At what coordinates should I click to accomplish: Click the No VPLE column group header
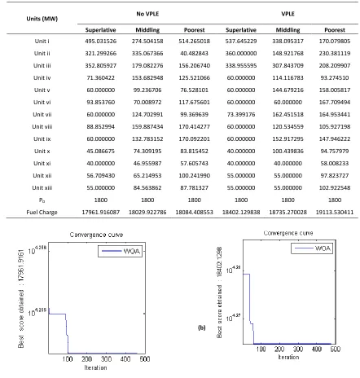click(x=147, y=14)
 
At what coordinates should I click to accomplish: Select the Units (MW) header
click(x=42, y=19)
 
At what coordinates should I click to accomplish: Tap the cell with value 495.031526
click(x=101, y=41)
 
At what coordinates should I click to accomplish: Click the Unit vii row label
click(x=42, y=114)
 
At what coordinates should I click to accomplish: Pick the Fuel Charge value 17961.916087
click(x=101, y=212)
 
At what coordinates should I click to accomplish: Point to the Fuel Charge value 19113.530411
click(x=335, y=212)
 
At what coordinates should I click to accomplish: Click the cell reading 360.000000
click(x=241, y=53)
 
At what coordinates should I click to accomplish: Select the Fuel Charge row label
click(x=42, y=212)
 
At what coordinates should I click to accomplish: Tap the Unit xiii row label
click(x=42, y=187)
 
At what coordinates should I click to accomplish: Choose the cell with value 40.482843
click(x=194, y=53)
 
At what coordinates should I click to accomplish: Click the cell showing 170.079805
click(x=335, y=41)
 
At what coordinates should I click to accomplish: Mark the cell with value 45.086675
click(x=101, y=151)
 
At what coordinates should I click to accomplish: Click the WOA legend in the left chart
click(x=120, y=251)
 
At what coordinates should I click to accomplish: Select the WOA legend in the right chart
click(x=312, y=248)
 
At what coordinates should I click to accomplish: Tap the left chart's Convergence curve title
click(x=96, y=235)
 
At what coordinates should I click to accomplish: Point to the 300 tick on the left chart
click(x=106, y=359)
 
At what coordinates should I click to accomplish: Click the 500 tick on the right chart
click(x=335, y=349)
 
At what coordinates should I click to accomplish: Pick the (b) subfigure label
click(x=202, y=327)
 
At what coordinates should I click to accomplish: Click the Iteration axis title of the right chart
click(x=288, y=357)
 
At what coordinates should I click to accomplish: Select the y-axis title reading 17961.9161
click(x=21, y=298)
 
